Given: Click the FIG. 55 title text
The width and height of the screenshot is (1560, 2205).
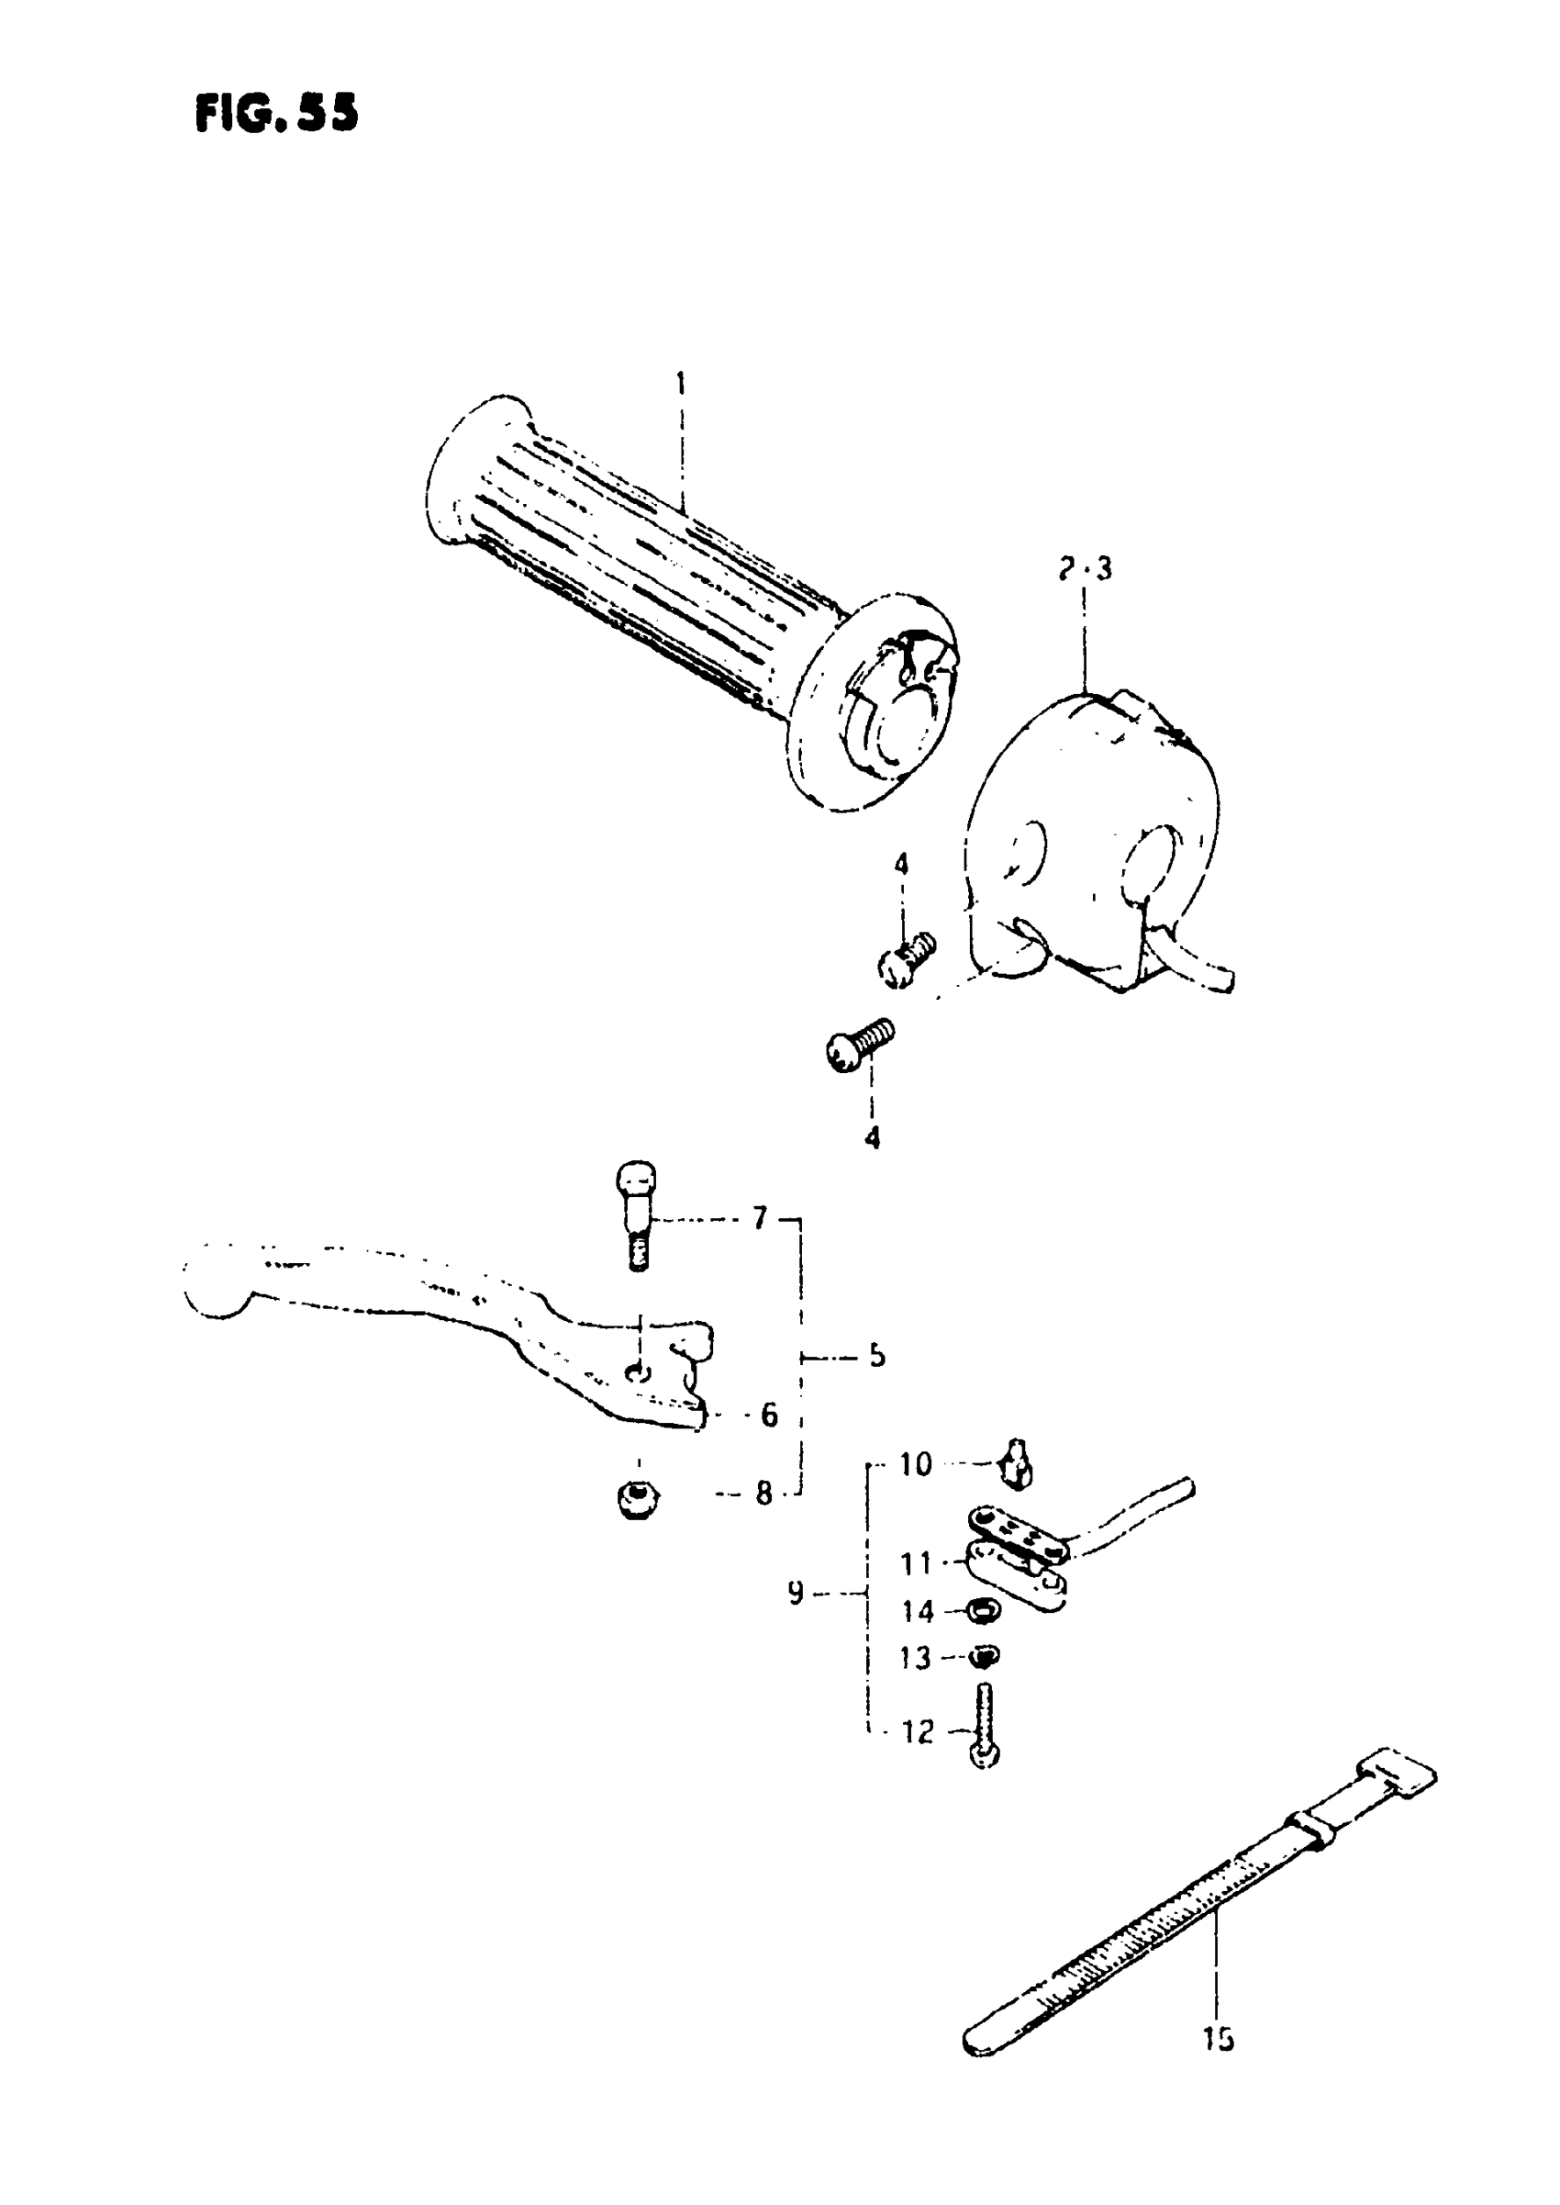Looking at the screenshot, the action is click(x=276, y=114).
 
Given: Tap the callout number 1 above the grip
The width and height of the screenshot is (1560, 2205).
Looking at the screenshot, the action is click(x=680, y=384).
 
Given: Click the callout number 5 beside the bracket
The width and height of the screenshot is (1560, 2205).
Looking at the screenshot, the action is click(x=876, y=1356).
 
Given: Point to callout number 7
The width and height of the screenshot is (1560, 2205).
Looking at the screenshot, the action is click(x=760, y=1218).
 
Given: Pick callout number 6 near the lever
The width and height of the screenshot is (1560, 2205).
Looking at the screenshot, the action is click(x=768, y=1415).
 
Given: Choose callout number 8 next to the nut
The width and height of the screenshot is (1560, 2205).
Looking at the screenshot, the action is click(x=763, y=1493).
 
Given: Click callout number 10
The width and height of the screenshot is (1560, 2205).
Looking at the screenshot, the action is click(x=916, y=1464).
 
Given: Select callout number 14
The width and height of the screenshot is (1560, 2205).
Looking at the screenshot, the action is click(x=918, y=1611).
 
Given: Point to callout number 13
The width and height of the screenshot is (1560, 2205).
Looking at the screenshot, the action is click(x=916, y=1658).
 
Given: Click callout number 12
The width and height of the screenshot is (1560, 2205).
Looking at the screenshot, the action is click(x=918, y=1731).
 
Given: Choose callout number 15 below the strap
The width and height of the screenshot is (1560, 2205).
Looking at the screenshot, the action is click(x=1218, y=2039).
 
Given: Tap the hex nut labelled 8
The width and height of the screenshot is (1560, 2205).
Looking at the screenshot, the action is click(x=634, y=1497).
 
